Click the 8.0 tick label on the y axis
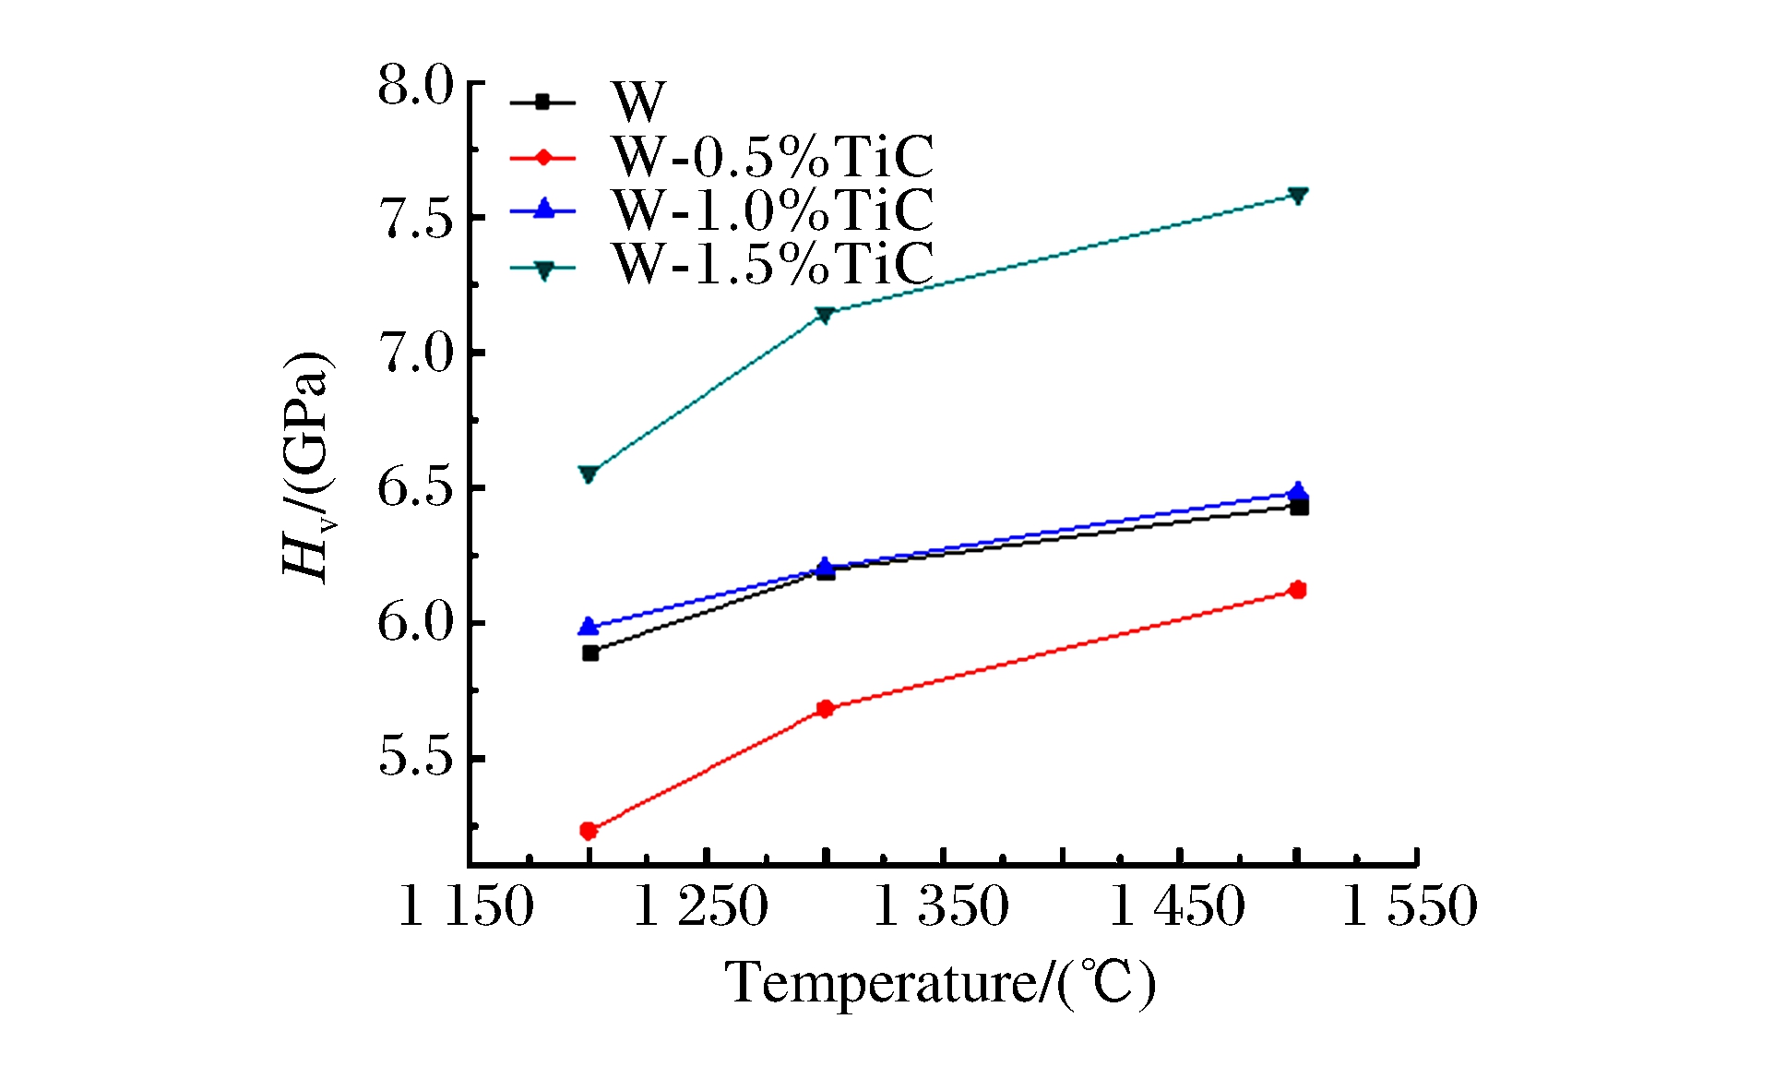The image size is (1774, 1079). (416, 87)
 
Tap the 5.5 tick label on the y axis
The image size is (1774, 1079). (416, 758)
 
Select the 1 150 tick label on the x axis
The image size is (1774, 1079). (466, 905)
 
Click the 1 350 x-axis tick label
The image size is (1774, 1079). (940, 905)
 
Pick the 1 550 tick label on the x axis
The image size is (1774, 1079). (1410, 905)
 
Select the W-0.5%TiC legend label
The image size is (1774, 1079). (772, 157)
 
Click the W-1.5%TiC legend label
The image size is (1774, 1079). (772, 264)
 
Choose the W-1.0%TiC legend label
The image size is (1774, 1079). (772, 210)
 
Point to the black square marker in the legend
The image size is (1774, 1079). (543, 102)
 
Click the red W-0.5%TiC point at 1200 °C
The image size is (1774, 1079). (589, 831)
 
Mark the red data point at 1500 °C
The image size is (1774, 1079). (1298, 590)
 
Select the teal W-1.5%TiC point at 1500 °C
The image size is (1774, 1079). (1298, 196)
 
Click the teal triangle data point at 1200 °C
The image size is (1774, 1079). (589, 474)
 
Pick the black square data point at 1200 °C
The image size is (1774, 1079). (590, 653)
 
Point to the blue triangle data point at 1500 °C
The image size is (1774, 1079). (1298, 491)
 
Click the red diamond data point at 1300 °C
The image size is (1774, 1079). (826, 709)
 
